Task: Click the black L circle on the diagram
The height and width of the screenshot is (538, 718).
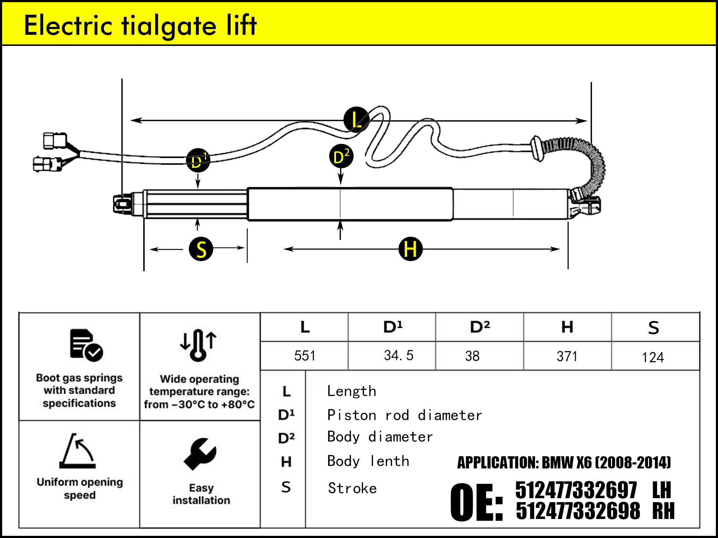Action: coord(356,120)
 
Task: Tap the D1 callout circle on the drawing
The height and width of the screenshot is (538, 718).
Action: coord(198,160)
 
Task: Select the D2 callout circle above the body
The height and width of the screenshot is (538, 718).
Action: coord(341,156)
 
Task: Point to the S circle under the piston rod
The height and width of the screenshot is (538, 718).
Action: coord(201,249)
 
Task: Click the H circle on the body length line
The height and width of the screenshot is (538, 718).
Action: coord(410,249)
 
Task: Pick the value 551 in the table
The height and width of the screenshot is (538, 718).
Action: coord(304,356)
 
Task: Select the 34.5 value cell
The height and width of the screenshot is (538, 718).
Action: coord(398,355)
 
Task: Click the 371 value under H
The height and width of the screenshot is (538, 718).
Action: coord(567,357)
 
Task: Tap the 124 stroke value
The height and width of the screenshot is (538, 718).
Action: coord(653,357)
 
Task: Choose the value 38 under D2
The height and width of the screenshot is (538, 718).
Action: coord(472,356)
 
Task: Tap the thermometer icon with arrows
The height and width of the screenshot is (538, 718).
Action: coord(199,345)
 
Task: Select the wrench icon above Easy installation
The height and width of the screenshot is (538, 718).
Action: coord(200,454)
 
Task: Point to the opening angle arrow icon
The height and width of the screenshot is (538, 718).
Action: coord(78,451)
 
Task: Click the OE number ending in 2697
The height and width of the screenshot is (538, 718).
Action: coord(576,490)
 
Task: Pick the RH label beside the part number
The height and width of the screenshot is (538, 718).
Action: coord(663,511)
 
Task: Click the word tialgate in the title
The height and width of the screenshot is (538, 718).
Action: coord(169,26)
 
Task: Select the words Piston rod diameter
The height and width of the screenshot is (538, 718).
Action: coord(405,415)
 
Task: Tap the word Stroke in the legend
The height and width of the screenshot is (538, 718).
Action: coord(352,489)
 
